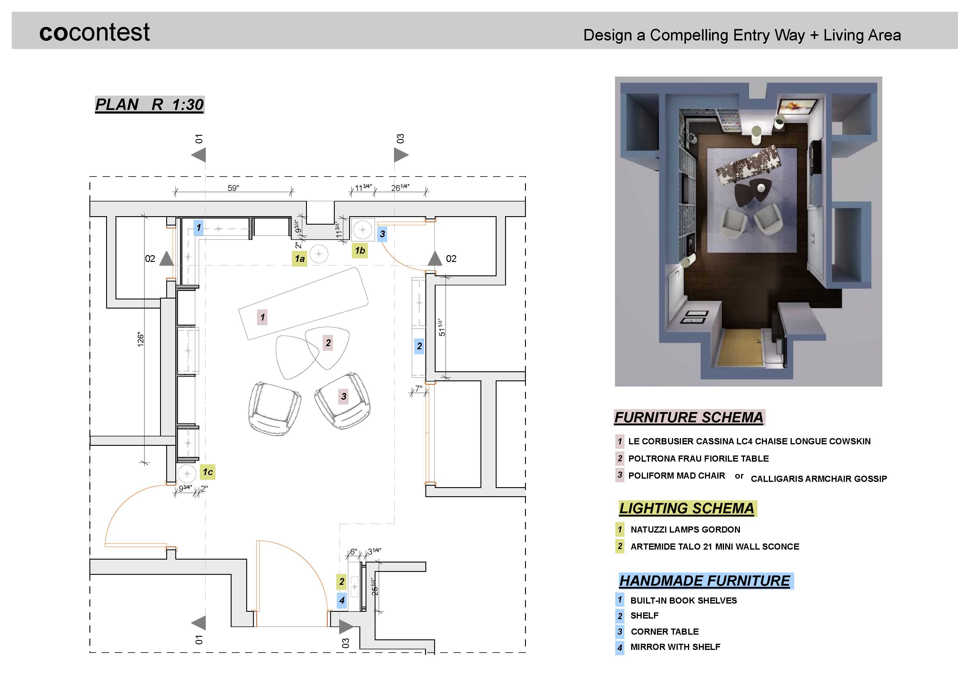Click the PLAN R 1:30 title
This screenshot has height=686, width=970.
pyautogui.click(x=150, y=104)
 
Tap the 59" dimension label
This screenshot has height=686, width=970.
pyautogui.click(x=233, y=188)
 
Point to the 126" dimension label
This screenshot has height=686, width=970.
pyautogui.click(x=141, y=339)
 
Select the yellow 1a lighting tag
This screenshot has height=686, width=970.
pyautogui.click(x=300, y=259)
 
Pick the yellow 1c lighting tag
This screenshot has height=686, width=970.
pyautogui.click(x=208, y=472)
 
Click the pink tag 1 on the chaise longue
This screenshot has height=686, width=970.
pyautogui.click(x=262, y=317)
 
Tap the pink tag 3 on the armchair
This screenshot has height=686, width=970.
pyautogui.click(x=344, y=396)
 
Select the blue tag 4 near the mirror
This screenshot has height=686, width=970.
pyautogui.click(x=342, y=600)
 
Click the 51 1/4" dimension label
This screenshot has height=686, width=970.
pyautogui.click(x=442, y=328)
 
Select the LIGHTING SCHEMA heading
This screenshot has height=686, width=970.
pyautogui.click(x=687, y=508)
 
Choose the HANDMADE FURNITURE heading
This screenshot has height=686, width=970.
pyautogui.click(x=705, y=581)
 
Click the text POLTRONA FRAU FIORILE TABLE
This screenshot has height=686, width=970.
pyautogui.click(x=698, y=459)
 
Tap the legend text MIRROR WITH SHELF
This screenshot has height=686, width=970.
pyautogui.click(x=675, y=647)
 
